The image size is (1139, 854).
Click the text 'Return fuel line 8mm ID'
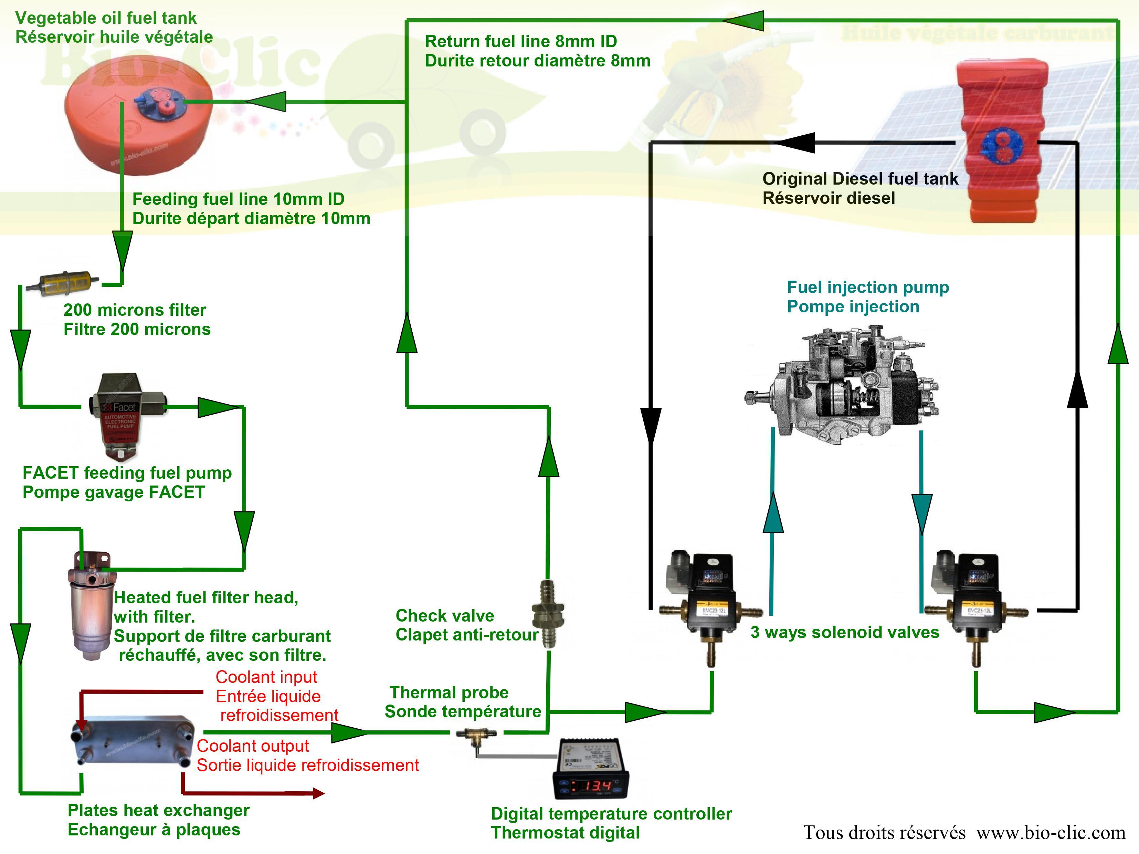pyautogui.click(x=520, y=41)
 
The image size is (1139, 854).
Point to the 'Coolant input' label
pyautogui.click(x=266, y=677)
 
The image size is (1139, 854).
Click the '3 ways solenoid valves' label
pyautogui.click(x=844, y=633)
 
